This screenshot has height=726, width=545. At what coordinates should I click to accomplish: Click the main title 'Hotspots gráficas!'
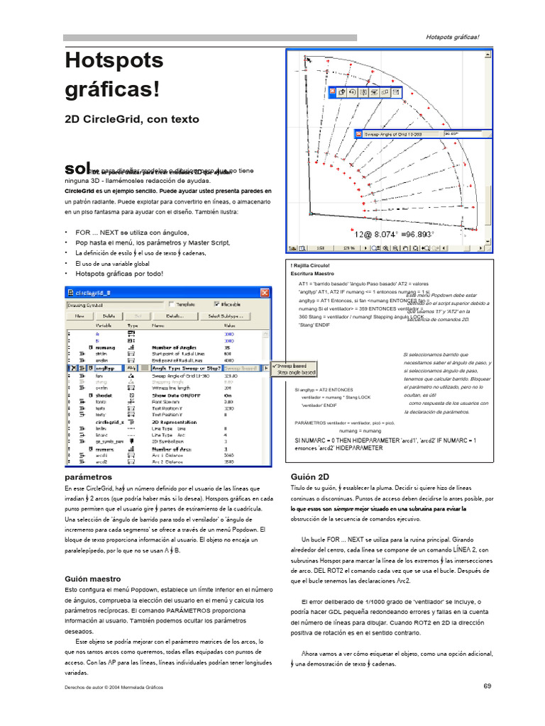click(114, 75)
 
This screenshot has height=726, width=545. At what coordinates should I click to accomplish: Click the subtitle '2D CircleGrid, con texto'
click(131, 119)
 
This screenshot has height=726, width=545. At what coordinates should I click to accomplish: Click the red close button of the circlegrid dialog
click(265, 293)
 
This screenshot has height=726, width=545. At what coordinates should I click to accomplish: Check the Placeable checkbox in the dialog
click(218, 304)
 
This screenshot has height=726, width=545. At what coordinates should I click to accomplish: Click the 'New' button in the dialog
click(80, 315)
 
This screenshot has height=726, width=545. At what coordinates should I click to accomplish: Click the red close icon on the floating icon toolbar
click(332, 92)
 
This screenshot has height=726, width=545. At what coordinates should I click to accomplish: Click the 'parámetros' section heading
click(88, 477)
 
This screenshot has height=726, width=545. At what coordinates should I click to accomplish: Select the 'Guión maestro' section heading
click(92, 579)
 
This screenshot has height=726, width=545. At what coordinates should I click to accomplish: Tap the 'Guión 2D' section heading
click(310, 477)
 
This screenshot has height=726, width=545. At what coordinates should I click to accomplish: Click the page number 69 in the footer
click(487, 686)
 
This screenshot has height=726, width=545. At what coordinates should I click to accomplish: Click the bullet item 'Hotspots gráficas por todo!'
click(119, 273)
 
